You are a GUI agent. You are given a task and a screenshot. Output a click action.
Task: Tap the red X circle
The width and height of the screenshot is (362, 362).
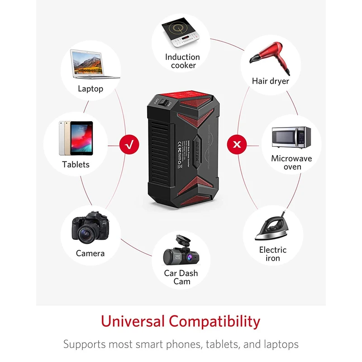(236, 145)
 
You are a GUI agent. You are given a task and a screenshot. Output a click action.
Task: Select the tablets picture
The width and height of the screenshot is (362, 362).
(76, 138)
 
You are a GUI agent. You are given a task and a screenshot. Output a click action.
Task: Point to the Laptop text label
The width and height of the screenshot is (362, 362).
(90, 89)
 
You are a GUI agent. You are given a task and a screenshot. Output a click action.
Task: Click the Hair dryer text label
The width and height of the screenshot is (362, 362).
(271, 81)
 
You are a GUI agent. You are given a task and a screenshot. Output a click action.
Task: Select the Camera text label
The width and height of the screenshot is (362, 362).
(90, 253)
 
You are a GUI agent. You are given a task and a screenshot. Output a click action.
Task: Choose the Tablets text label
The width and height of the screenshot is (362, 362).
(76, 165)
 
